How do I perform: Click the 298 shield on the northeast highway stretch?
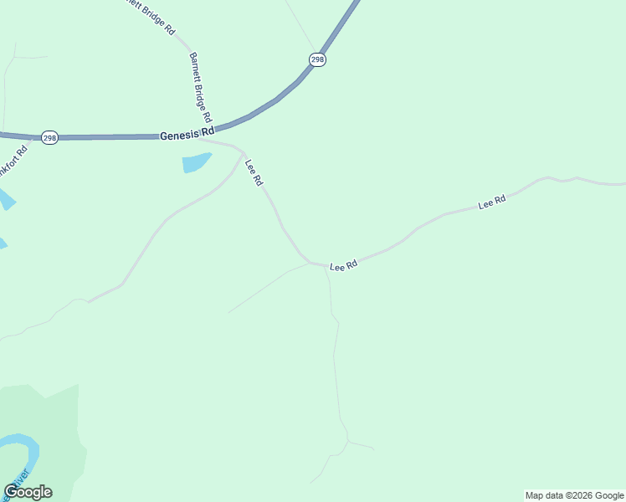pyautogui.click(x=317, y=59)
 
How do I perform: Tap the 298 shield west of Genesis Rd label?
pyautogui.click(x=49, y=137)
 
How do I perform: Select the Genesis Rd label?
pyautogui.click(x=187, y=133)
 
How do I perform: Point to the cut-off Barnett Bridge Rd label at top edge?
pyautogui.click(x=151, y=14)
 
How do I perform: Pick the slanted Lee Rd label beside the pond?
pyautogui.click(x=254, y=172)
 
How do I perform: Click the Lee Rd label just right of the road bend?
pyautogui.click(x=344, y=265)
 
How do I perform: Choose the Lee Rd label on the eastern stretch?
pyautogui.click(x=492, y=202)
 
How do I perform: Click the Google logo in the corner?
pyautogui.click(x=28, y=492)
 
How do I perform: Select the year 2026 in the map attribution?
pyautogui.click(x=577, y=495)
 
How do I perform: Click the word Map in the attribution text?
pyautogui.click(x=536, y=495)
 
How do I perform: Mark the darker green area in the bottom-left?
pyautogui.click(x=50, y=418)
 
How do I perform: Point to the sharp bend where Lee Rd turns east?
pyautogui.click(x=311, y=263)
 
